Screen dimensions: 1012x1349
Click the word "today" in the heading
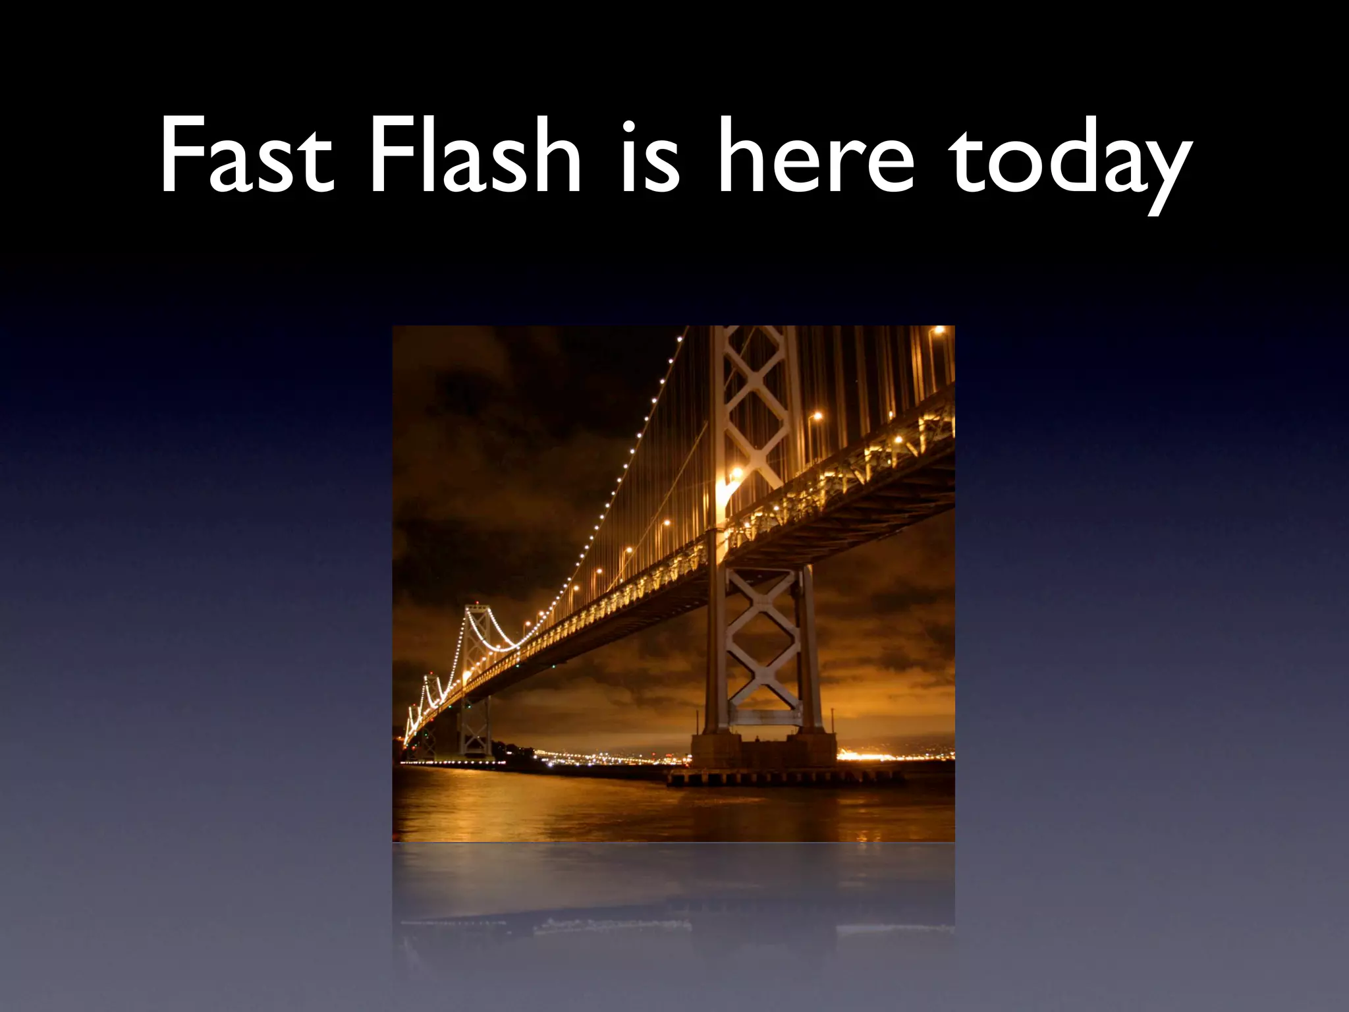[x=1070, y=161]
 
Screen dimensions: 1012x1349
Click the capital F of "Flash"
[x=389, y=157]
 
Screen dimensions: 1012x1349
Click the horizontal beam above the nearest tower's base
[x=764, y=717]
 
